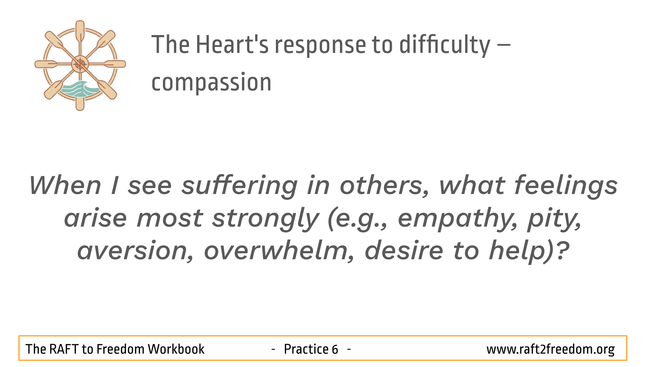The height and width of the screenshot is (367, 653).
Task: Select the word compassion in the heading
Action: click(x=211, y=82)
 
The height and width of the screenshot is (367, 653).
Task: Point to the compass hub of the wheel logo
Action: click(x=80, y=64)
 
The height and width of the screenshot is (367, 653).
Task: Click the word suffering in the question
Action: click(x=240, y=186)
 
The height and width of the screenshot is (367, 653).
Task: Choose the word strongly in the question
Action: click(x=265, y=219)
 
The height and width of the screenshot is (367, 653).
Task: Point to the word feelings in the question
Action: click(x=566, y=186)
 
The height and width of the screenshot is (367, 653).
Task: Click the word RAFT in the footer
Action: click(x=63, y=349)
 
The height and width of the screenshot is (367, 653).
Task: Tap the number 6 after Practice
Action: click(x=335, y=349)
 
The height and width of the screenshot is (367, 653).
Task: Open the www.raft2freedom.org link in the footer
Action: click(x=551, y=349)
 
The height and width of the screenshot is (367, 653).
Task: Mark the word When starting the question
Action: click(x=65, y=186)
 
